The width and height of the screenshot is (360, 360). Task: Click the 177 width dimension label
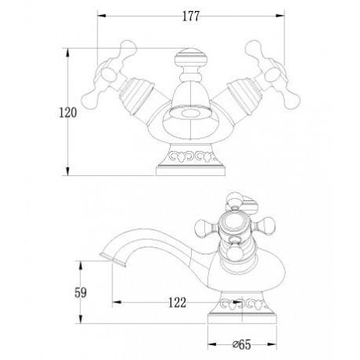(x=191, y=17)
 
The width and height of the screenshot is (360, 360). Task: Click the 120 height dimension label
(x=68, y=112)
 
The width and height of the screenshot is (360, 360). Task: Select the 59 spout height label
(x=80, y=292)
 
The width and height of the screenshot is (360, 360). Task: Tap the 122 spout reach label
(x=177, y=303)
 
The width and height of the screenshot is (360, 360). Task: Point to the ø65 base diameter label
(x=242, y=344)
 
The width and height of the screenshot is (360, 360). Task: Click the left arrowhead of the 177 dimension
(x=101, y=16)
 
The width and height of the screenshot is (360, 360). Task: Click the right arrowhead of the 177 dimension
(x=281, y=16)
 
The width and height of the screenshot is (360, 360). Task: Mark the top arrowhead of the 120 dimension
(x=68, y=53)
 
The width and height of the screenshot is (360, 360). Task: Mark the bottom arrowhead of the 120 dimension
(x=68, y=171)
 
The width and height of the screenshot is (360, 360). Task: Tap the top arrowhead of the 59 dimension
(x=81, y=265)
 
